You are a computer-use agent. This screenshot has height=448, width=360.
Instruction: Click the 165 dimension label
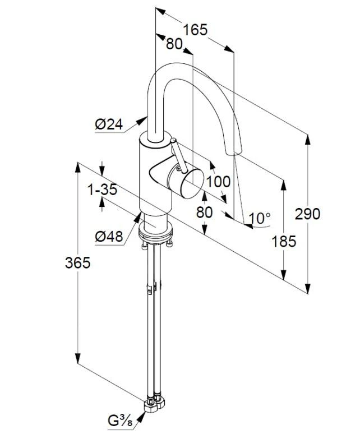(195, 29)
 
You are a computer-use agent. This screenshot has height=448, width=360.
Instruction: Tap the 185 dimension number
(283, 242)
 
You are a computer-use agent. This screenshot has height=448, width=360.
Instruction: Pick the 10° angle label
(260, 218)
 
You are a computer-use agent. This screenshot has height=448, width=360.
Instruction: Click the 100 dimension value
(218, 181)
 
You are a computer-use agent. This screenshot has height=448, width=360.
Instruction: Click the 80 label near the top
(174, 44)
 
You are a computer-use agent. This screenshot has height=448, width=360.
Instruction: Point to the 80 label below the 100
(205, 213)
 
